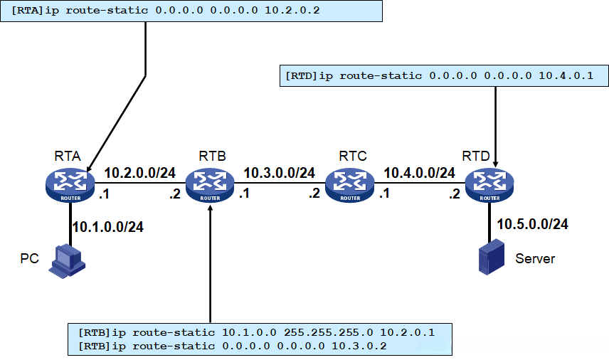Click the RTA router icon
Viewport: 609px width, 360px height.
(70, 185)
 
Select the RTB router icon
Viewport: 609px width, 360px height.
(210, 185)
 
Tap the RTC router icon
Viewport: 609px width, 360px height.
(349, 185)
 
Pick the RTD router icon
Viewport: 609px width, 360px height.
(489, 185)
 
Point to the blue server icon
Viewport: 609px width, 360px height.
(492, 257)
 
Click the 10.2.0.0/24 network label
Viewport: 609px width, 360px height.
(140, 173)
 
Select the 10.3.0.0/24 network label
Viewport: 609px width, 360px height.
(280, 173)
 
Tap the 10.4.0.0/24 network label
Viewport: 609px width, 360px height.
(420, 173)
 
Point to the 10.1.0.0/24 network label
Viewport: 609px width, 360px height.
(108, 227)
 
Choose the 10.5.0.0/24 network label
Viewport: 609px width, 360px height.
(532, 224)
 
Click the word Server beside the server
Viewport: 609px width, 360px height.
(535, 259)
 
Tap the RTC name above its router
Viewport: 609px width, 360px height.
(353, 156)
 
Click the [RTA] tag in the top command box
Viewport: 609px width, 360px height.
(27, 10)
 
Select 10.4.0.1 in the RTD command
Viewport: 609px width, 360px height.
(566, 75)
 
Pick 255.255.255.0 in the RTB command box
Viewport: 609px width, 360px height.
(328, 332)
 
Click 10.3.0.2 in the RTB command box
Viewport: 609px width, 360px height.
(359, 346)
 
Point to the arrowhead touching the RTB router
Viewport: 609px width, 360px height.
(210, 208)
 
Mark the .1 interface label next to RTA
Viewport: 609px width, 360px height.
(104, 194)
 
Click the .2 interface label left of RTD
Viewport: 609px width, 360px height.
(455, 194)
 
